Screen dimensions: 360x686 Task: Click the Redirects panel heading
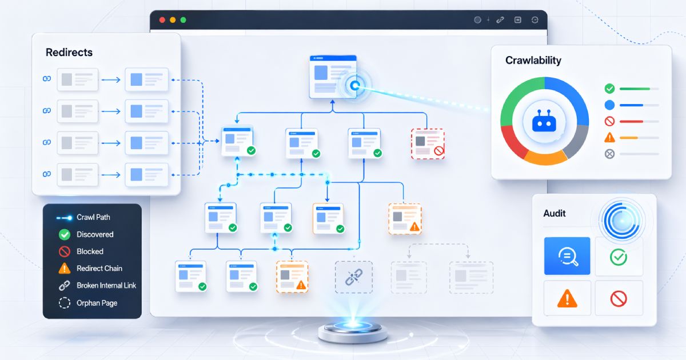69,53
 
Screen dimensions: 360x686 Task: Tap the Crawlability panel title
533,61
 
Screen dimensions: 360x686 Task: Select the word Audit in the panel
555,213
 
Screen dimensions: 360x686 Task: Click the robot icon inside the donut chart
544,121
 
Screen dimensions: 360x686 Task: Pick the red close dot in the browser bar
162,19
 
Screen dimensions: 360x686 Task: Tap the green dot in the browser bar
184,19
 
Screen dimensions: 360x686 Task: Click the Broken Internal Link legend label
106,285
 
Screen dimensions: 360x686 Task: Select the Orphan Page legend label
97,303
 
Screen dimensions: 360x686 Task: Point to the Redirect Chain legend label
99,269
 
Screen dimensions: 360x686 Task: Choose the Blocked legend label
90,251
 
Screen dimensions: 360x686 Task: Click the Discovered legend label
95,234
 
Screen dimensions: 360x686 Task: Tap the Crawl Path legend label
93,217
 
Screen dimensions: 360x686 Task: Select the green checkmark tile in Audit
619,257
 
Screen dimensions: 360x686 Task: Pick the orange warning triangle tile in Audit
567,298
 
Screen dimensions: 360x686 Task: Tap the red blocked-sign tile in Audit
619,298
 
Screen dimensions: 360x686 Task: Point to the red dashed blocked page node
428,143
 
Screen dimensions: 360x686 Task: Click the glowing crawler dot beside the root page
354,86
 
